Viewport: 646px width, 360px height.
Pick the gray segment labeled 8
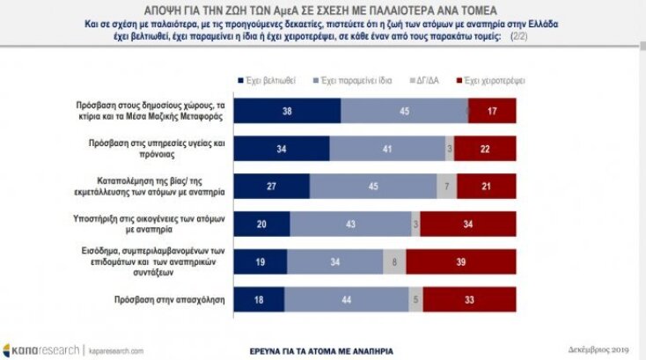394,263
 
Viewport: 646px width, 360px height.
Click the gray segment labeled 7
448,187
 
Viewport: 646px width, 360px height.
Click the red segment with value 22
485,149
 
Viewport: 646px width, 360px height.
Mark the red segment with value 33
469,301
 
